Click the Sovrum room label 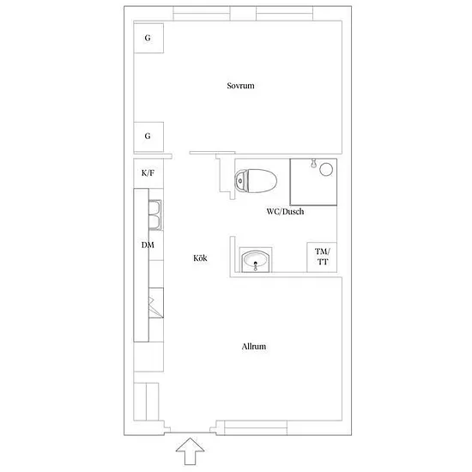(x=240, y=86)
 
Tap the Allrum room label (x=254, y=347)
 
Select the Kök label (x=200, y=258)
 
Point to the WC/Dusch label (x=285, y=212)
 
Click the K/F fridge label (x=148, y=173)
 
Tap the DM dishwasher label (x=148, y=245)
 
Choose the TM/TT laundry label (x=322, y=257)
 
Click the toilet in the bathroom (x=256, y=181)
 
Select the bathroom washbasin (x=256, y=260)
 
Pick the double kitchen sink (x=155, y=215)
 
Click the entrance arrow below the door (x=190, y=451)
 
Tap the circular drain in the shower (x=326, y=169)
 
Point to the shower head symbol (x=313, y=163)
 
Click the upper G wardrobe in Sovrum (x=148, y=39)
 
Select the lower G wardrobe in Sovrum (x=148, y=137)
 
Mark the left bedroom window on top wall (x=202, y=13)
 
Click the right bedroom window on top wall (x=284, y=13)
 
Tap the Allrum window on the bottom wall (x=256, y=427)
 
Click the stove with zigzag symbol (x=156, y=303)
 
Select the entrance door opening (x=190, y=433)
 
